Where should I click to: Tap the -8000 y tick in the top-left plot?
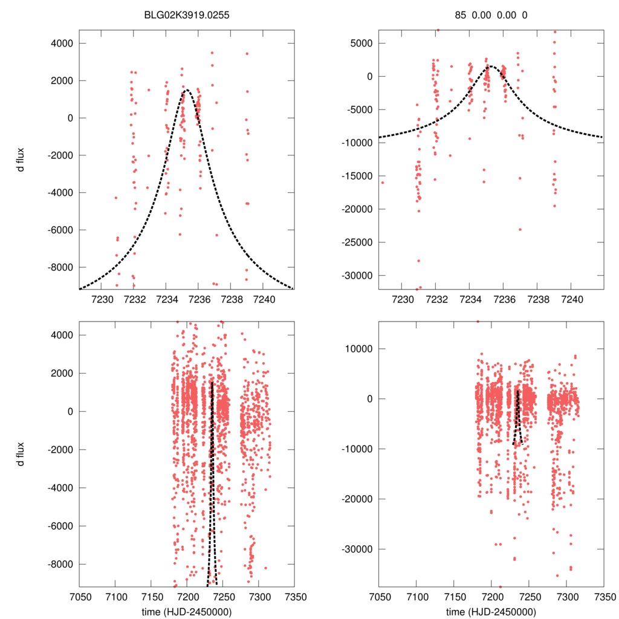click(x=61, y=267)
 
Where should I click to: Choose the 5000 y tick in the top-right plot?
click(x=364, y=44)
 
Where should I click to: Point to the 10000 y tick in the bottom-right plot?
click(x=361, y=349)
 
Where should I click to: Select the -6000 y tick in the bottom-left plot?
click(x=61, y=526)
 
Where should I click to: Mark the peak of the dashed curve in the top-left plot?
click(x=186, y=91)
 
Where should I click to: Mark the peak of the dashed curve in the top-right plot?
click(x=490, y=66)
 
